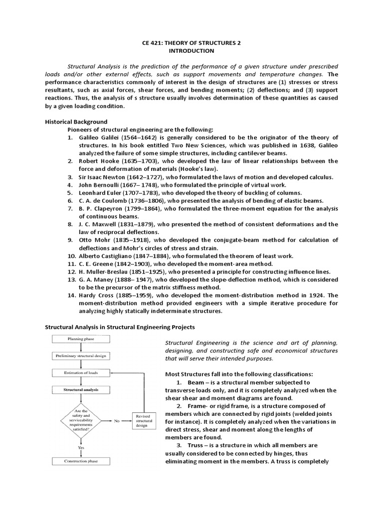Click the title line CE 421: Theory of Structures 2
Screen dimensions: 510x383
point(191,43)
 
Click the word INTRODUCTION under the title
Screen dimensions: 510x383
point(191,51)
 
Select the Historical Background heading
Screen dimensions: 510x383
point(76,122)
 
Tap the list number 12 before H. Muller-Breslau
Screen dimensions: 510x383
point(72,271)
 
